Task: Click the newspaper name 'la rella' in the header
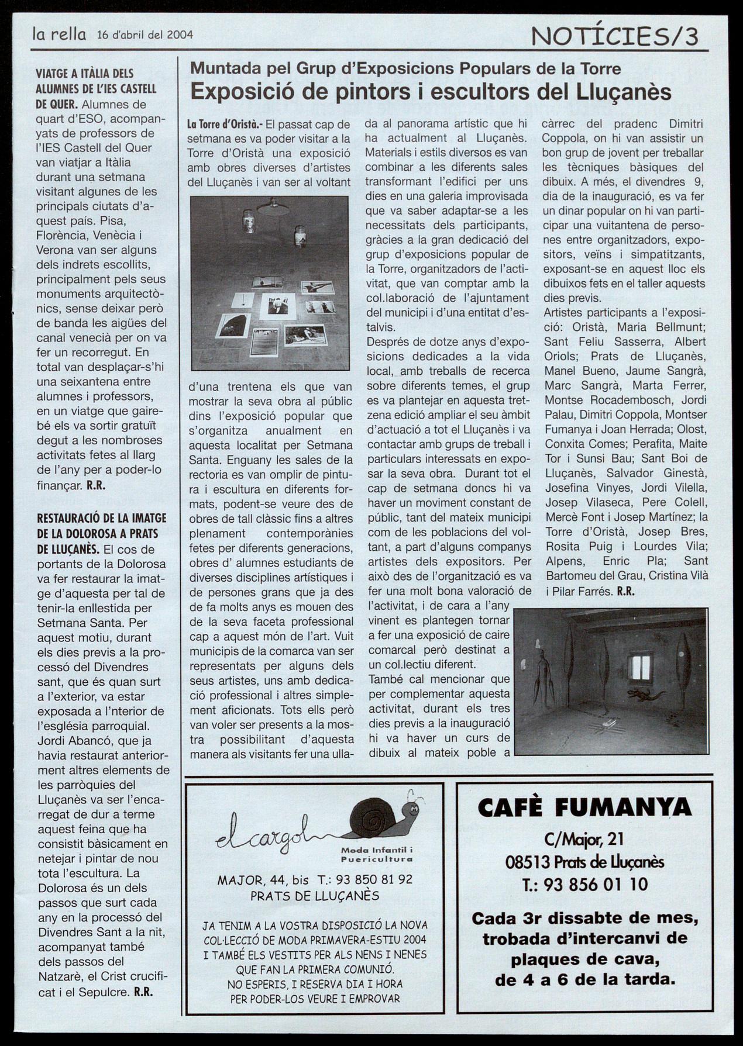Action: point(59,35)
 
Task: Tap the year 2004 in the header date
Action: point(180,35)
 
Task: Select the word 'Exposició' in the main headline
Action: point(234,92)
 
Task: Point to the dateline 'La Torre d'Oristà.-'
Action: point(225,125)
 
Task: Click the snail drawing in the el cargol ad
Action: point(383,814)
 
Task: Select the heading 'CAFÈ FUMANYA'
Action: point(584,808)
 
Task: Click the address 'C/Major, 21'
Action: point(584,840)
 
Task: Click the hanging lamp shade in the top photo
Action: point(273,206)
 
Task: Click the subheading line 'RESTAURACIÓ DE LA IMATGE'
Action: point(102,518)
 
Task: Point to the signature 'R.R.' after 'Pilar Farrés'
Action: point(625,591)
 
